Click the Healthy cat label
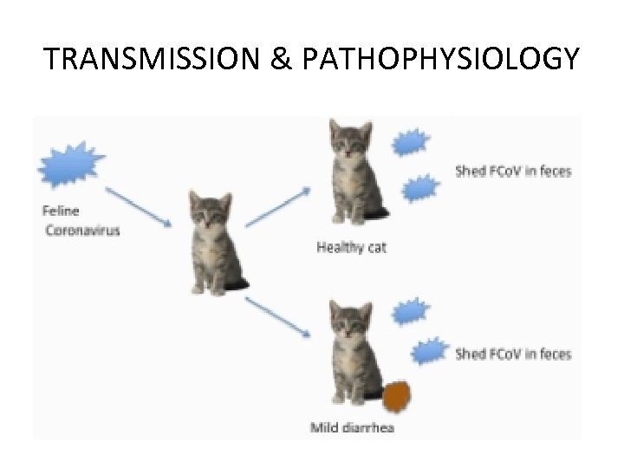(351, 248)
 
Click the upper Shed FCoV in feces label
(513, 172)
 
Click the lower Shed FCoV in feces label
(513, 354)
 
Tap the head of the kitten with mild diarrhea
(351, 323)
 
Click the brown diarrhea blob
(397, 397)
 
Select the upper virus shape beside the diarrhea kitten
(408, 310)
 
